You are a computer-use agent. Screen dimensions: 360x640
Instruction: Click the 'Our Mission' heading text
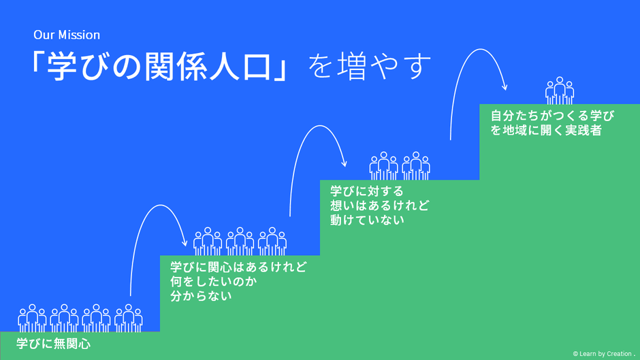coord(67,35)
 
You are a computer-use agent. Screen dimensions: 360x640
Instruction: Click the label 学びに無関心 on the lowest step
coord(54,344)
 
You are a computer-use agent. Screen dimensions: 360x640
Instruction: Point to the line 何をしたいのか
coord(206,281)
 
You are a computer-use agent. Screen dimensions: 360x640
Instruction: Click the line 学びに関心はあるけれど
coord(238,267)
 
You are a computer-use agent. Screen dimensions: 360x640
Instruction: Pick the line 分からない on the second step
coord(201,296)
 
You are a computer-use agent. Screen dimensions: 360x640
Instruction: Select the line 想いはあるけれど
coord(380,206)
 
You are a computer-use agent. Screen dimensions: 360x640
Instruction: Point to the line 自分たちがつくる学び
coord(552,116)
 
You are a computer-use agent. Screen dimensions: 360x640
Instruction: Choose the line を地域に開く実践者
coord(547,130)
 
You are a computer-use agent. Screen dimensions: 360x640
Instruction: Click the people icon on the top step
coord(560,91)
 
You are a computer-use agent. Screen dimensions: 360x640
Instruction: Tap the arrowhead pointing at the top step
coord(505,87)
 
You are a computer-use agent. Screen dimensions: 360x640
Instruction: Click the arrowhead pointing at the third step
coord(344,163)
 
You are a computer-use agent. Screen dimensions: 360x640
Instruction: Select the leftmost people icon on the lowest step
coord(32,318)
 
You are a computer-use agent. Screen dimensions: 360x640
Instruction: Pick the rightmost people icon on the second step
coord(272,242)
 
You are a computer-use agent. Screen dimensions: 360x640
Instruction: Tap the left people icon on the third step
coord(383,166)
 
